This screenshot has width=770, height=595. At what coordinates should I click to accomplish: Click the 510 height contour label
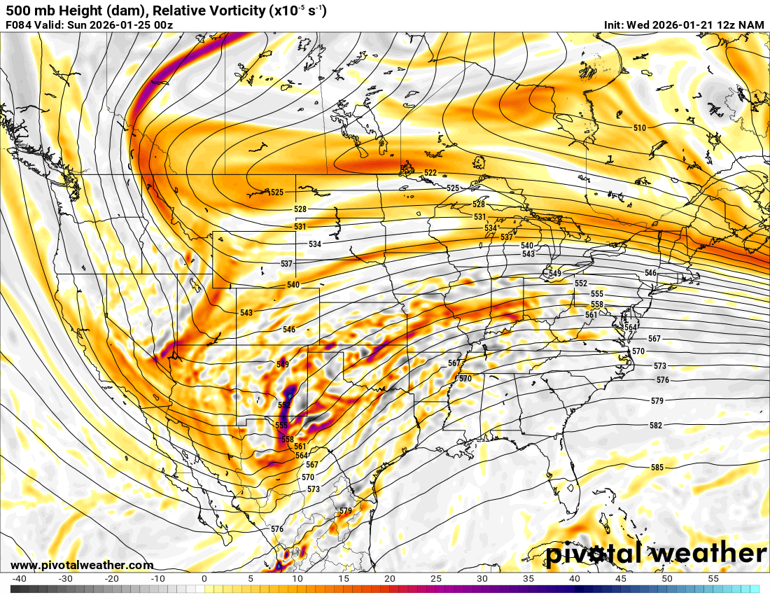click(x=639, y=128)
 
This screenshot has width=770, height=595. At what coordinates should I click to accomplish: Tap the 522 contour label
click(x=430, y=173)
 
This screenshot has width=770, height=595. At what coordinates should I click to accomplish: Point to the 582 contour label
click(x=655, y=426)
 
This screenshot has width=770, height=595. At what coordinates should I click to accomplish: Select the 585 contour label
click(x=657, y=468)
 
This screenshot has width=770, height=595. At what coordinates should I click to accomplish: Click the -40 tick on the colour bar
click(x=20, y=579)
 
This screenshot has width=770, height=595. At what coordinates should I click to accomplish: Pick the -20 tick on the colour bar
click(x=111, y=579)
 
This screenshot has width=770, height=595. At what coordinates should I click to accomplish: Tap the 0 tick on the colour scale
click(x=204, y=579)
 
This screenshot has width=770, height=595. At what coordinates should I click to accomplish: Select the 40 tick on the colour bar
click(x=574, y=579)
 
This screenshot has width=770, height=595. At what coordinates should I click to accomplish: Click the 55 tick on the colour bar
click(x=713, y=579)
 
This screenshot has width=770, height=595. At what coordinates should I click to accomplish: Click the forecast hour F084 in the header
click(x=19, y=25)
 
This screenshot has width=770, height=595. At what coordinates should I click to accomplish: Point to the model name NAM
click(x=752, y=25)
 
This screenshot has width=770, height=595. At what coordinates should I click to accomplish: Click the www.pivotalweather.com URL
click(x=82, y=565)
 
